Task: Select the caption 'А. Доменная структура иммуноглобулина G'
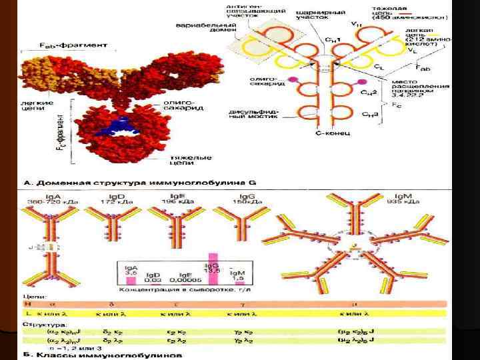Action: coord(140,181)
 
